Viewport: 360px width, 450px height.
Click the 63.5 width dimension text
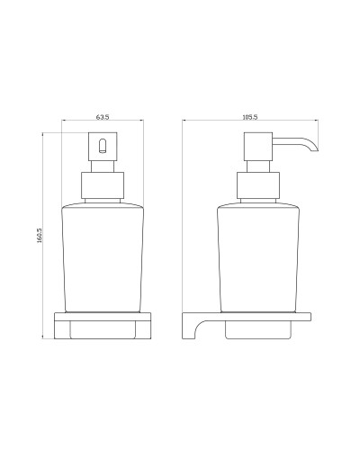pos(102,116)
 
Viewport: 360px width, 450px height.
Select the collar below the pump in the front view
pos(102,185)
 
